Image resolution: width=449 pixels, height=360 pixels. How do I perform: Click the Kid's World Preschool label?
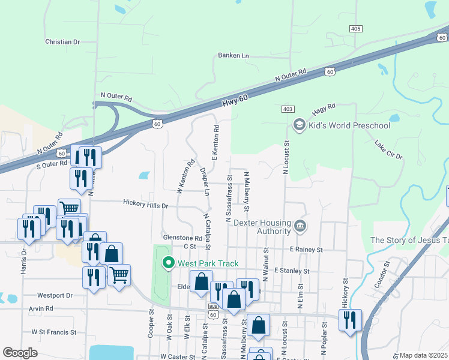coord(349,125)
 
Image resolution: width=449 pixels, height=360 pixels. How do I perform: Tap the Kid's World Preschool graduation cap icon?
coord(298,125)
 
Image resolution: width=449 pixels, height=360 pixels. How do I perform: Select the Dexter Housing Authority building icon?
coord(300,227)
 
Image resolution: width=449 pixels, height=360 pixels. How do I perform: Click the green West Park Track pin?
coord(169,263)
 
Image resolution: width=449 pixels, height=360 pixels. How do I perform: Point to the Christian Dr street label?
coord(62,42)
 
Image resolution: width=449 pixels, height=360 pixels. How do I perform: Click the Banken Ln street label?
coord(233,56)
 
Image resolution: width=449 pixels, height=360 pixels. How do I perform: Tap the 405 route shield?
coord(355,29)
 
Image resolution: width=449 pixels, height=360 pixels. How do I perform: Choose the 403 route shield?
coord(288,109)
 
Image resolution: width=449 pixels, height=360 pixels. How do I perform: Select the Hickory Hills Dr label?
coord(145,205)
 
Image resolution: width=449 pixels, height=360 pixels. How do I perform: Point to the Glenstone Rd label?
coord(182,238)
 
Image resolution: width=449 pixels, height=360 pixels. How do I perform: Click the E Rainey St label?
coord(306,249)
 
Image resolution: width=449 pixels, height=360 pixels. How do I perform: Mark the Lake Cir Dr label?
coord(388,151)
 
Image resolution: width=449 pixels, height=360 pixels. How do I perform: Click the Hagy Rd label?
coord(324,109)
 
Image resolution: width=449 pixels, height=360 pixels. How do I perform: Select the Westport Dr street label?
coord(54,295)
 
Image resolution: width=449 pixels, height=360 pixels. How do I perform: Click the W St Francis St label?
coord(54,332)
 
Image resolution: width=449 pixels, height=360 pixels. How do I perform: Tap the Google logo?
coord(20,353)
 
